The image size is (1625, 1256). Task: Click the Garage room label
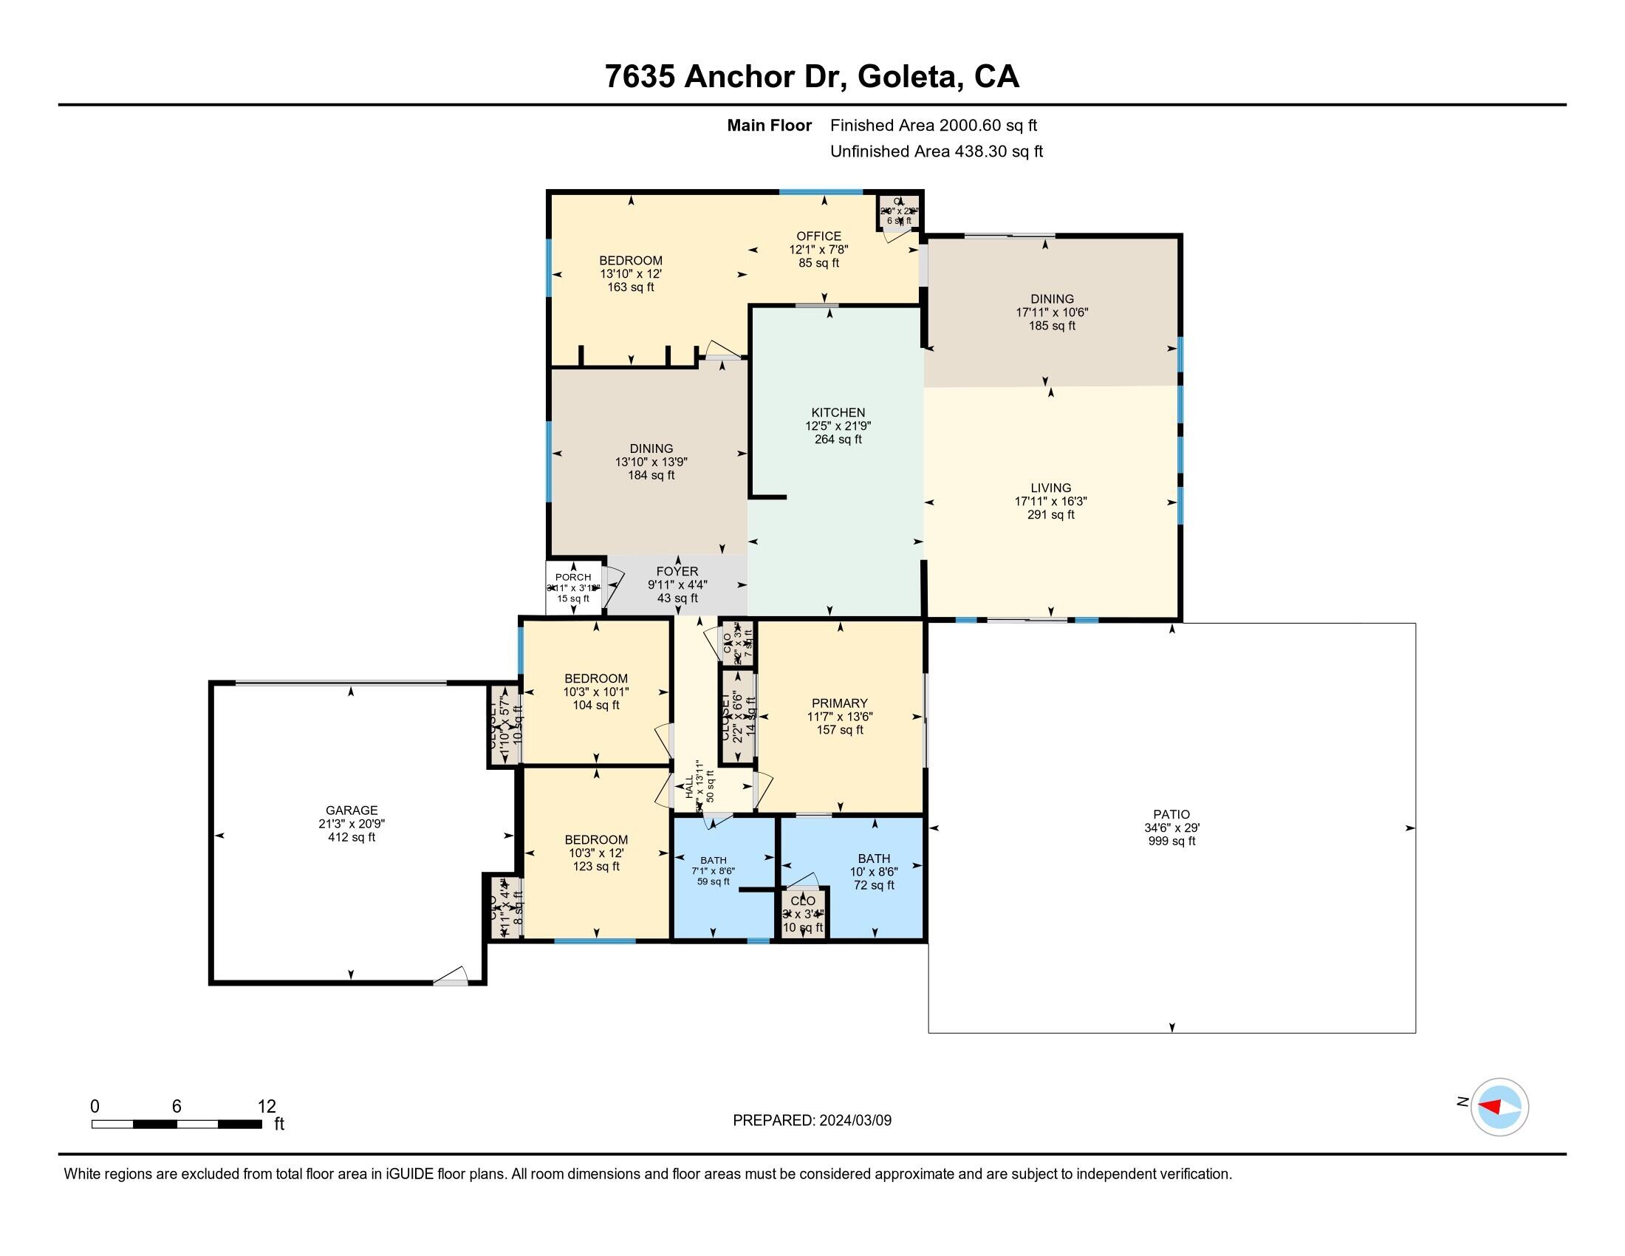pos(351,810)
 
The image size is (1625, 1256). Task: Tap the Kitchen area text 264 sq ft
pos(838,439)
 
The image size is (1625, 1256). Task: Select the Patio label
pos(1171,814)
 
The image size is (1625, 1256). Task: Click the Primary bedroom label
pos(839,703)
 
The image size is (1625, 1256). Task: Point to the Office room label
pos(818,236)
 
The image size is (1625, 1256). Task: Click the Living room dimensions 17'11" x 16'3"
pos(1050,502)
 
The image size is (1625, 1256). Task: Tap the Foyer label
pos(677,571)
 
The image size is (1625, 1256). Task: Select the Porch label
pos(573,578)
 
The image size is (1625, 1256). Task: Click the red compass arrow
pos(1490,1107)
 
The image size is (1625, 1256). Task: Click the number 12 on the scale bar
pos(267,1107)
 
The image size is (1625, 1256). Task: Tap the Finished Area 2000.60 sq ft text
pos(933,125)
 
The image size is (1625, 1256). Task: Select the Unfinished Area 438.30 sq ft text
pos(936,151)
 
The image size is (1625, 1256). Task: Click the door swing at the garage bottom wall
pos(451,976)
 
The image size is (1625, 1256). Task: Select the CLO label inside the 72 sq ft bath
pos(803,901)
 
